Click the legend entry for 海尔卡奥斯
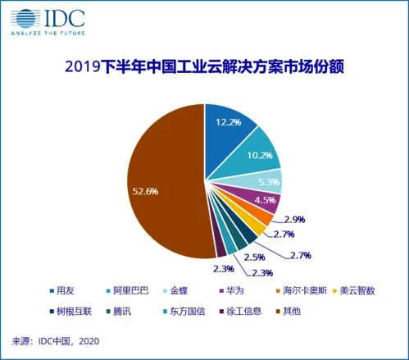coord(307,289)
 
